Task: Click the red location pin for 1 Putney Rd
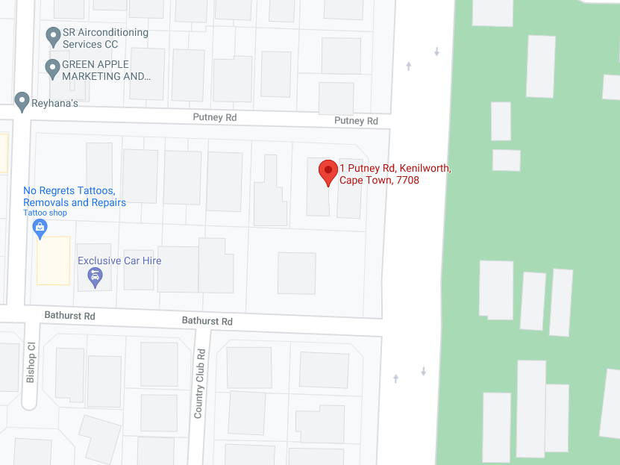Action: click(328, 171)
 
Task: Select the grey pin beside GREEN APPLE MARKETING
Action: click(52, 69)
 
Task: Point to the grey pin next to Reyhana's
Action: click(22, 100)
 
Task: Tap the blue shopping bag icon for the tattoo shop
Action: click(41, 228)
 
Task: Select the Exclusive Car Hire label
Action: click(119, 260)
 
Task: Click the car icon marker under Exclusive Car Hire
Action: click(95, 278)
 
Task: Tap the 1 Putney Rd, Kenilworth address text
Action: click(395, 168)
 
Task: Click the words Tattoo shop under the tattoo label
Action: click(45, 213)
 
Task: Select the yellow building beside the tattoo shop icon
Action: click(54, 260)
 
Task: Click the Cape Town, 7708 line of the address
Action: click(379, 180)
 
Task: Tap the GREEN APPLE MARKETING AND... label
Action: click(106, 70)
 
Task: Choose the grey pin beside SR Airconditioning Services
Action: click(52, 34)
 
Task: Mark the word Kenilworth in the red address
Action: click(428, 168)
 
